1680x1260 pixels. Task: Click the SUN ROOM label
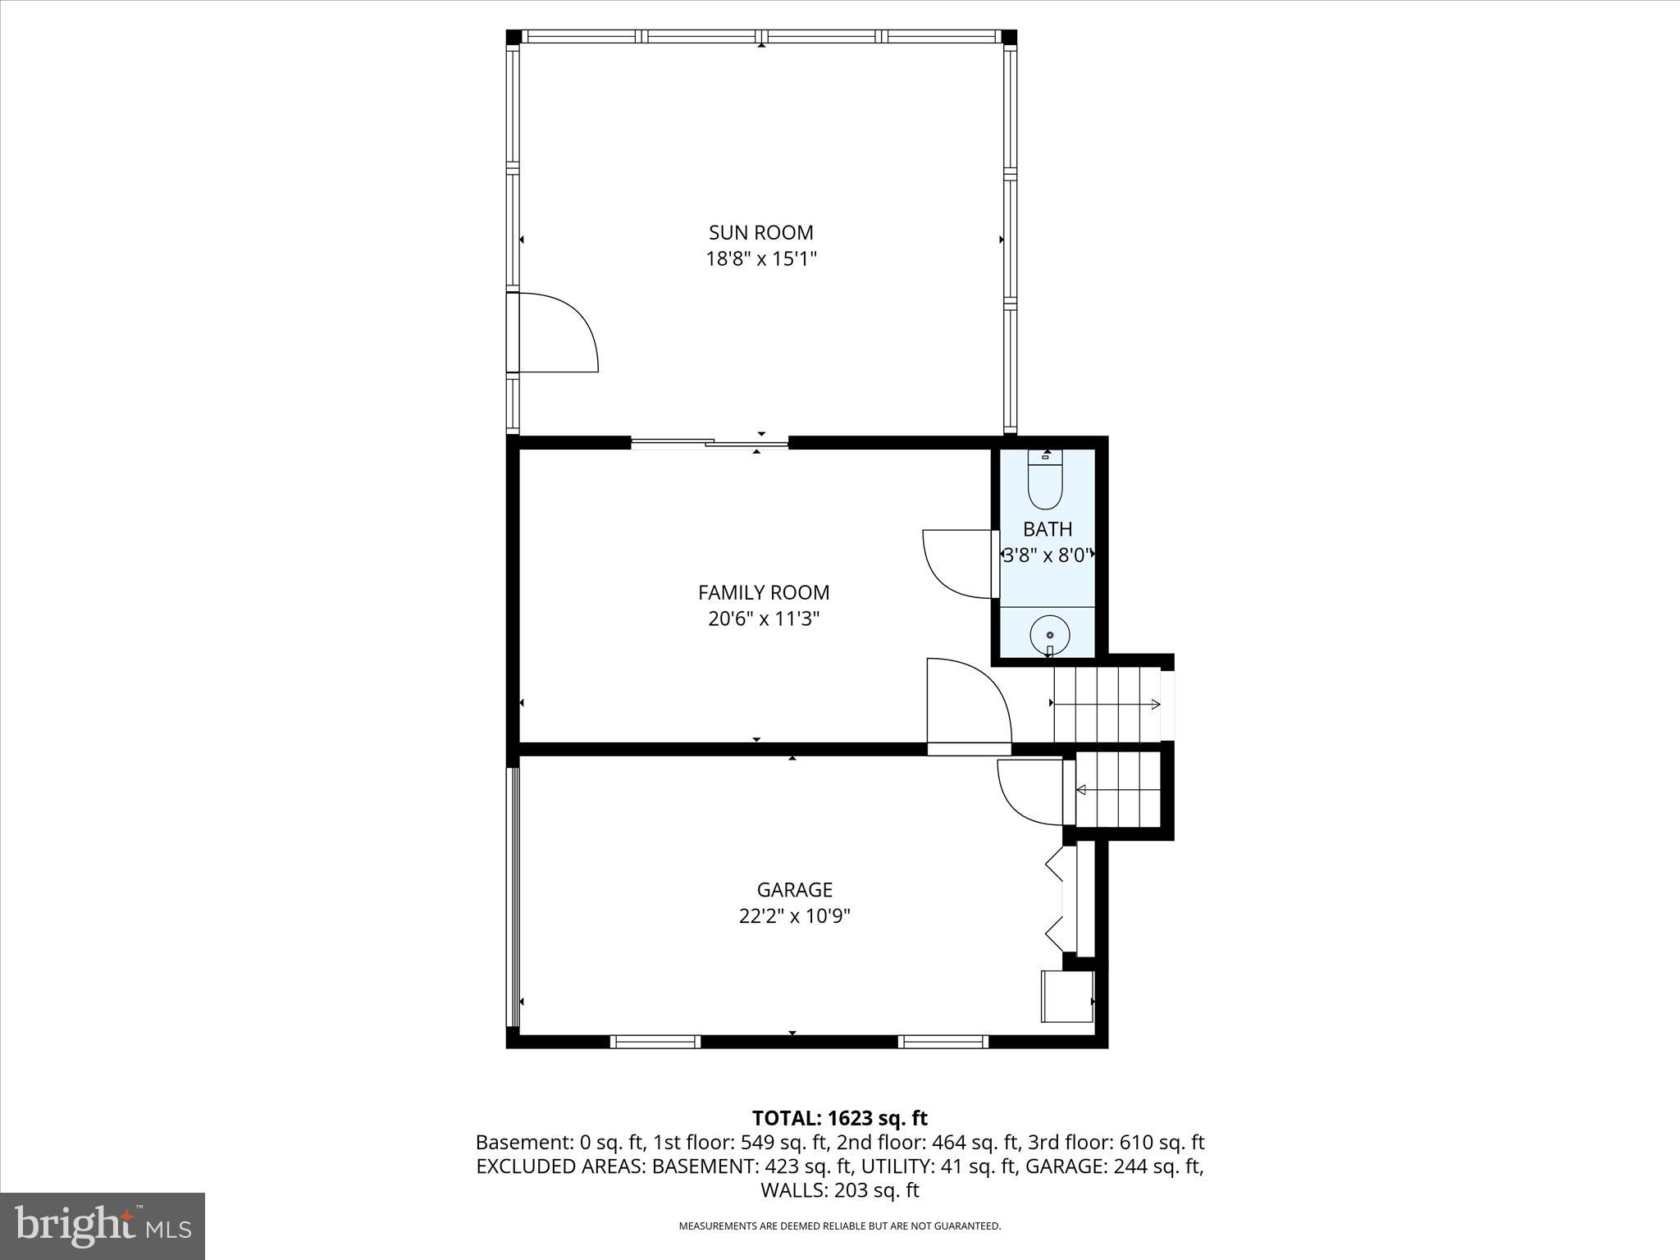click(x=760, y=232)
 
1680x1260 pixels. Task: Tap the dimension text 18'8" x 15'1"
click(x=760, y=259)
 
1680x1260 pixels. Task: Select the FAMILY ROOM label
click(x=763, y=592)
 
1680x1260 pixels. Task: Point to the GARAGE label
click(x=794, y=889)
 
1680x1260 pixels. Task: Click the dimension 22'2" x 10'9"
click(x=794, y=916)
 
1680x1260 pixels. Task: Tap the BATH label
click(x=1047, y=529)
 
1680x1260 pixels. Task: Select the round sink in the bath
click(x=1049, y=635)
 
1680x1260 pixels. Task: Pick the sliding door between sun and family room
click(x=710, y=444)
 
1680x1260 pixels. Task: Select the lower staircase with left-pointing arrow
click(x=1117, y=791)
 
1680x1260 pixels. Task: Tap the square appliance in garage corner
click(x=1066, y=996)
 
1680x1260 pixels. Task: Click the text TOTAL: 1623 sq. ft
click(x=839, y=1118)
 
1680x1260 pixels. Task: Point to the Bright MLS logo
click(x=103, y=1226)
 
